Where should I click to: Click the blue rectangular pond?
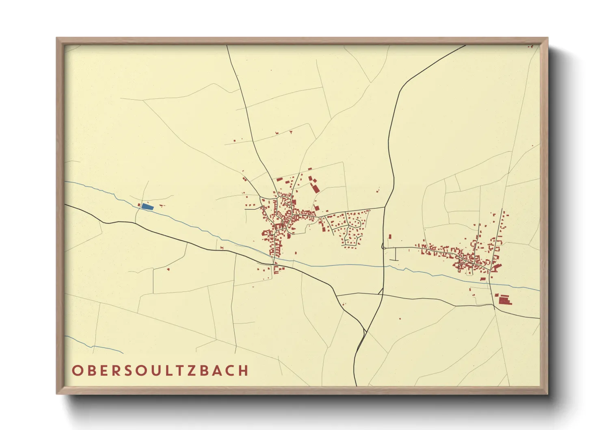click(x=147, y=207)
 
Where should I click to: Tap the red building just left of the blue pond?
click(x=139, y=205)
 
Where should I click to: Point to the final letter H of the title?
click(x=243, y=371)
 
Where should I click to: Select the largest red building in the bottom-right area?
click(x=504, y=301)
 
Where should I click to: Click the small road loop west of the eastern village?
click(x=383, y=246)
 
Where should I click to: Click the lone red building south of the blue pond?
click(x=168, y=269)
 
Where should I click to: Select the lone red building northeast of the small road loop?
click(x=390, y=236)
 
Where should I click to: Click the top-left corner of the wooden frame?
click(x=57, y=38)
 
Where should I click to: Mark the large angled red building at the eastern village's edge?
click(x=496, y=267)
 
